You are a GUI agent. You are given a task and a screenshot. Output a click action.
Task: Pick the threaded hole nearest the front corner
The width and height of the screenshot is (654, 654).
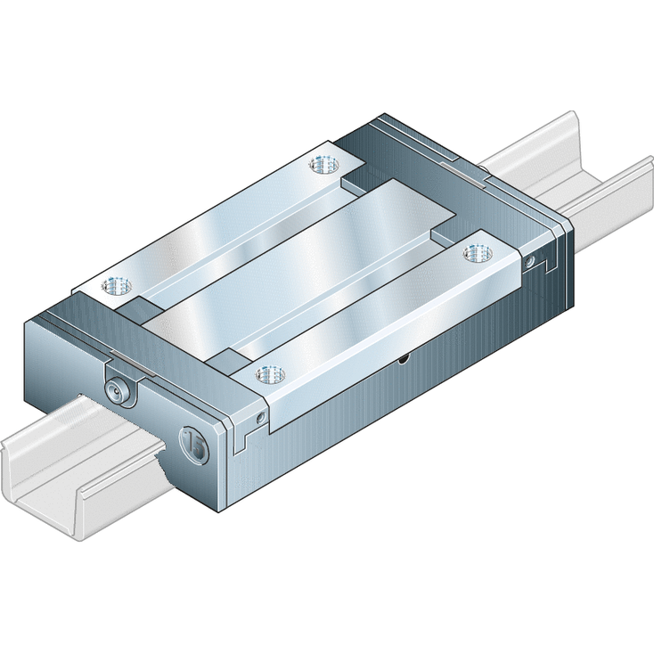click(x=265, y=374)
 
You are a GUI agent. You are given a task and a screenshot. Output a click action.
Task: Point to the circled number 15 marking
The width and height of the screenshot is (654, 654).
click(x=193, y=443)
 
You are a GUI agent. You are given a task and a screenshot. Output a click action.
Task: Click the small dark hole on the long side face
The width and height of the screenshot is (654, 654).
click(x=404, y=358)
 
